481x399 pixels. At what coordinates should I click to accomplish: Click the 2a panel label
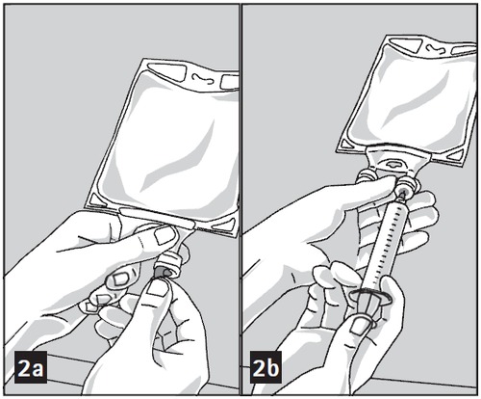[x=31, y=368]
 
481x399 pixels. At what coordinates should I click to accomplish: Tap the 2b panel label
[x=266, y=367]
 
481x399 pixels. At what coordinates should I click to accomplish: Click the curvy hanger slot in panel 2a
[x=204, y=78]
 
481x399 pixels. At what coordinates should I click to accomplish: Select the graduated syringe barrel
[x=388, y=244]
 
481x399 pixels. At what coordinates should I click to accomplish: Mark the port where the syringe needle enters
[x=406, y=190]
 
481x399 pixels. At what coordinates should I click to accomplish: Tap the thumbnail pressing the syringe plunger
[x=360, y=326]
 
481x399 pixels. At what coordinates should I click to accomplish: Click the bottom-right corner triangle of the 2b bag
[x=456, y=155]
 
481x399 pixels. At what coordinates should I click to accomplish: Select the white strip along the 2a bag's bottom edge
[x=157, y=218]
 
